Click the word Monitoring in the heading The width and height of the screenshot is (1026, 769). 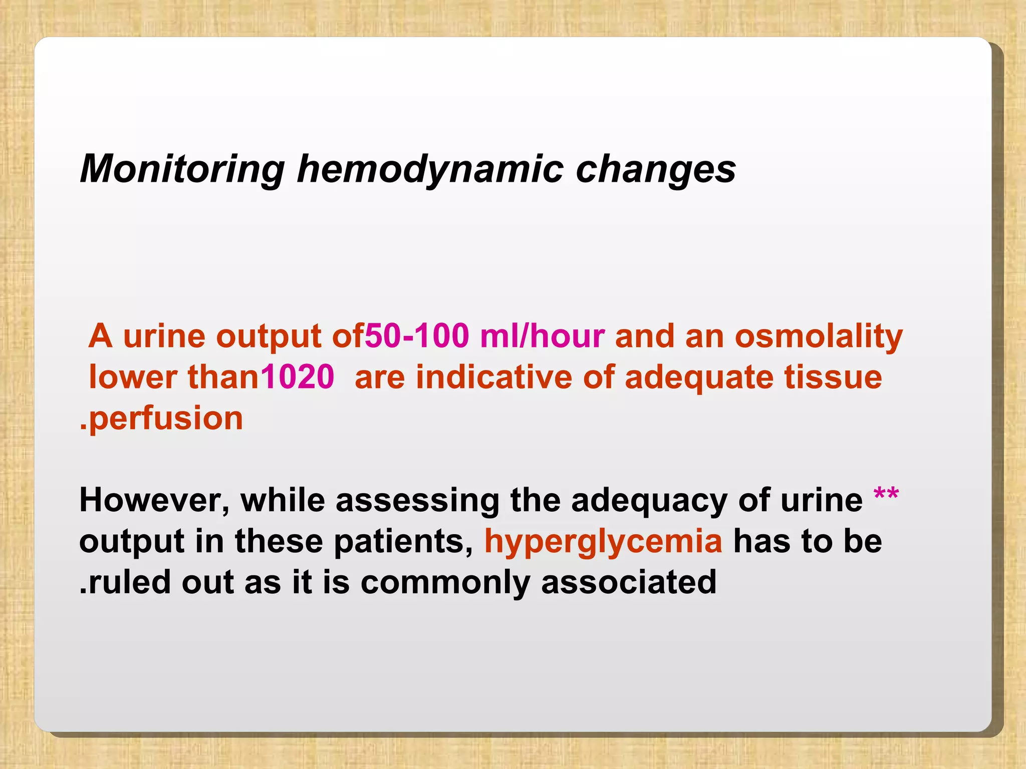182,169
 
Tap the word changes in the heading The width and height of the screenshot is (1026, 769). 656,169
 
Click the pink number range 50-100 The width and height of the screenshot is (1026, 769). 417,335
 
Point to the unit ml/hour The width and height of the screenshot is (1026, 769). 542,335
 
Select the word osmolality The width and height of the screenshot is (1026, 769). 819,335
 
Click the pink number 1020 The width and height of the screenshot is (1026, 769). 298,376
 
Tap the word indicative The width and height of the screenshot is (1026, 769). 493,376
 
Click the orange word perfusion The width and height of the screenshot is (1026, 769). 165,418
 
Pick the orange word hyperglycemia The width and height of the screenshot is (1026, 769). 603,541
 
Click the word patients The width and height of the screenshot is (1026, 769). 403,541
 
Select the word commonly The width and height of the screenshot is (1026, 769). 445,583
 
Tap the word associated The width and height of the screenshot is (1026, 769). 629,583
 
